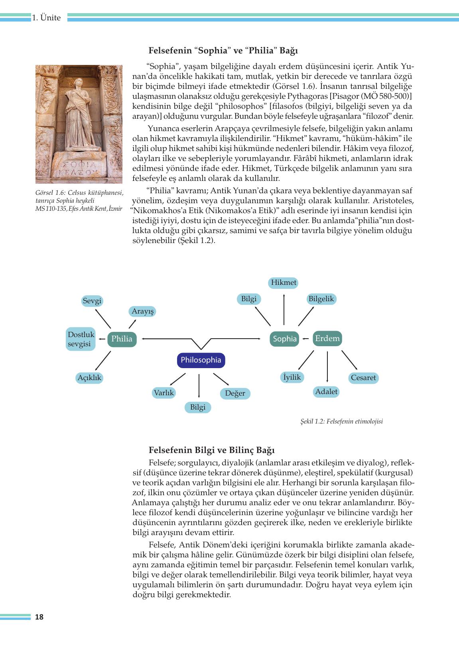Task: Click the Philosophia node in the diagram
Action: [x=201, y=360]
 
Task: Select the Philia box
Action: [x=122, y=339]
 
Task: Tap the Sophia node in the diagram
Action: [x=284, y=339]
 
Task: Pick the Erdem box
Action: [x=327, y=339]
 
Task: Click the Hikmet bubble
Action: [x=284, y=283]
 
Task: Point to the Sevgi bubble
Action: [x=92, y=301]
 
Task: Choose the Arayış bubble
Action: [x=142, y=311]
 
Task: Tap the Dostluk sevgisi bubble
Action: [x=81, y=339]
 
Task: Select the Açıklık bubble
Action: [x=90, y=378]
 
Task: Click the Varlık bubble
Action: [x=164, y=393]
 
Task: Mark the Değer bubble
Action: [x=235, y=394]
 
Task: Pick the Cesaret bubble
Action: [x=363, y=378]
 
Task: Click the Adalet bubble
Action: [x=326, y=392]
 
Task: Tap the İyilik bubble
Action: [x=292, y=377]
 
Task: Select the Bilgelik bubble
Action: [x=321, y=299]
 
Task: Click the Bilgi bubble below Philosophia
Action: [x=198, y=407]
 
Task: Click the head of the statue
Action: [x=79, y=83]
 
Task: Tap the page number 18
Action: [x=39, y=617]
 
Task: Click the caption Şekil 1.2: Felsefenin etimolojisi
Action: [x=341, y=422]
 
